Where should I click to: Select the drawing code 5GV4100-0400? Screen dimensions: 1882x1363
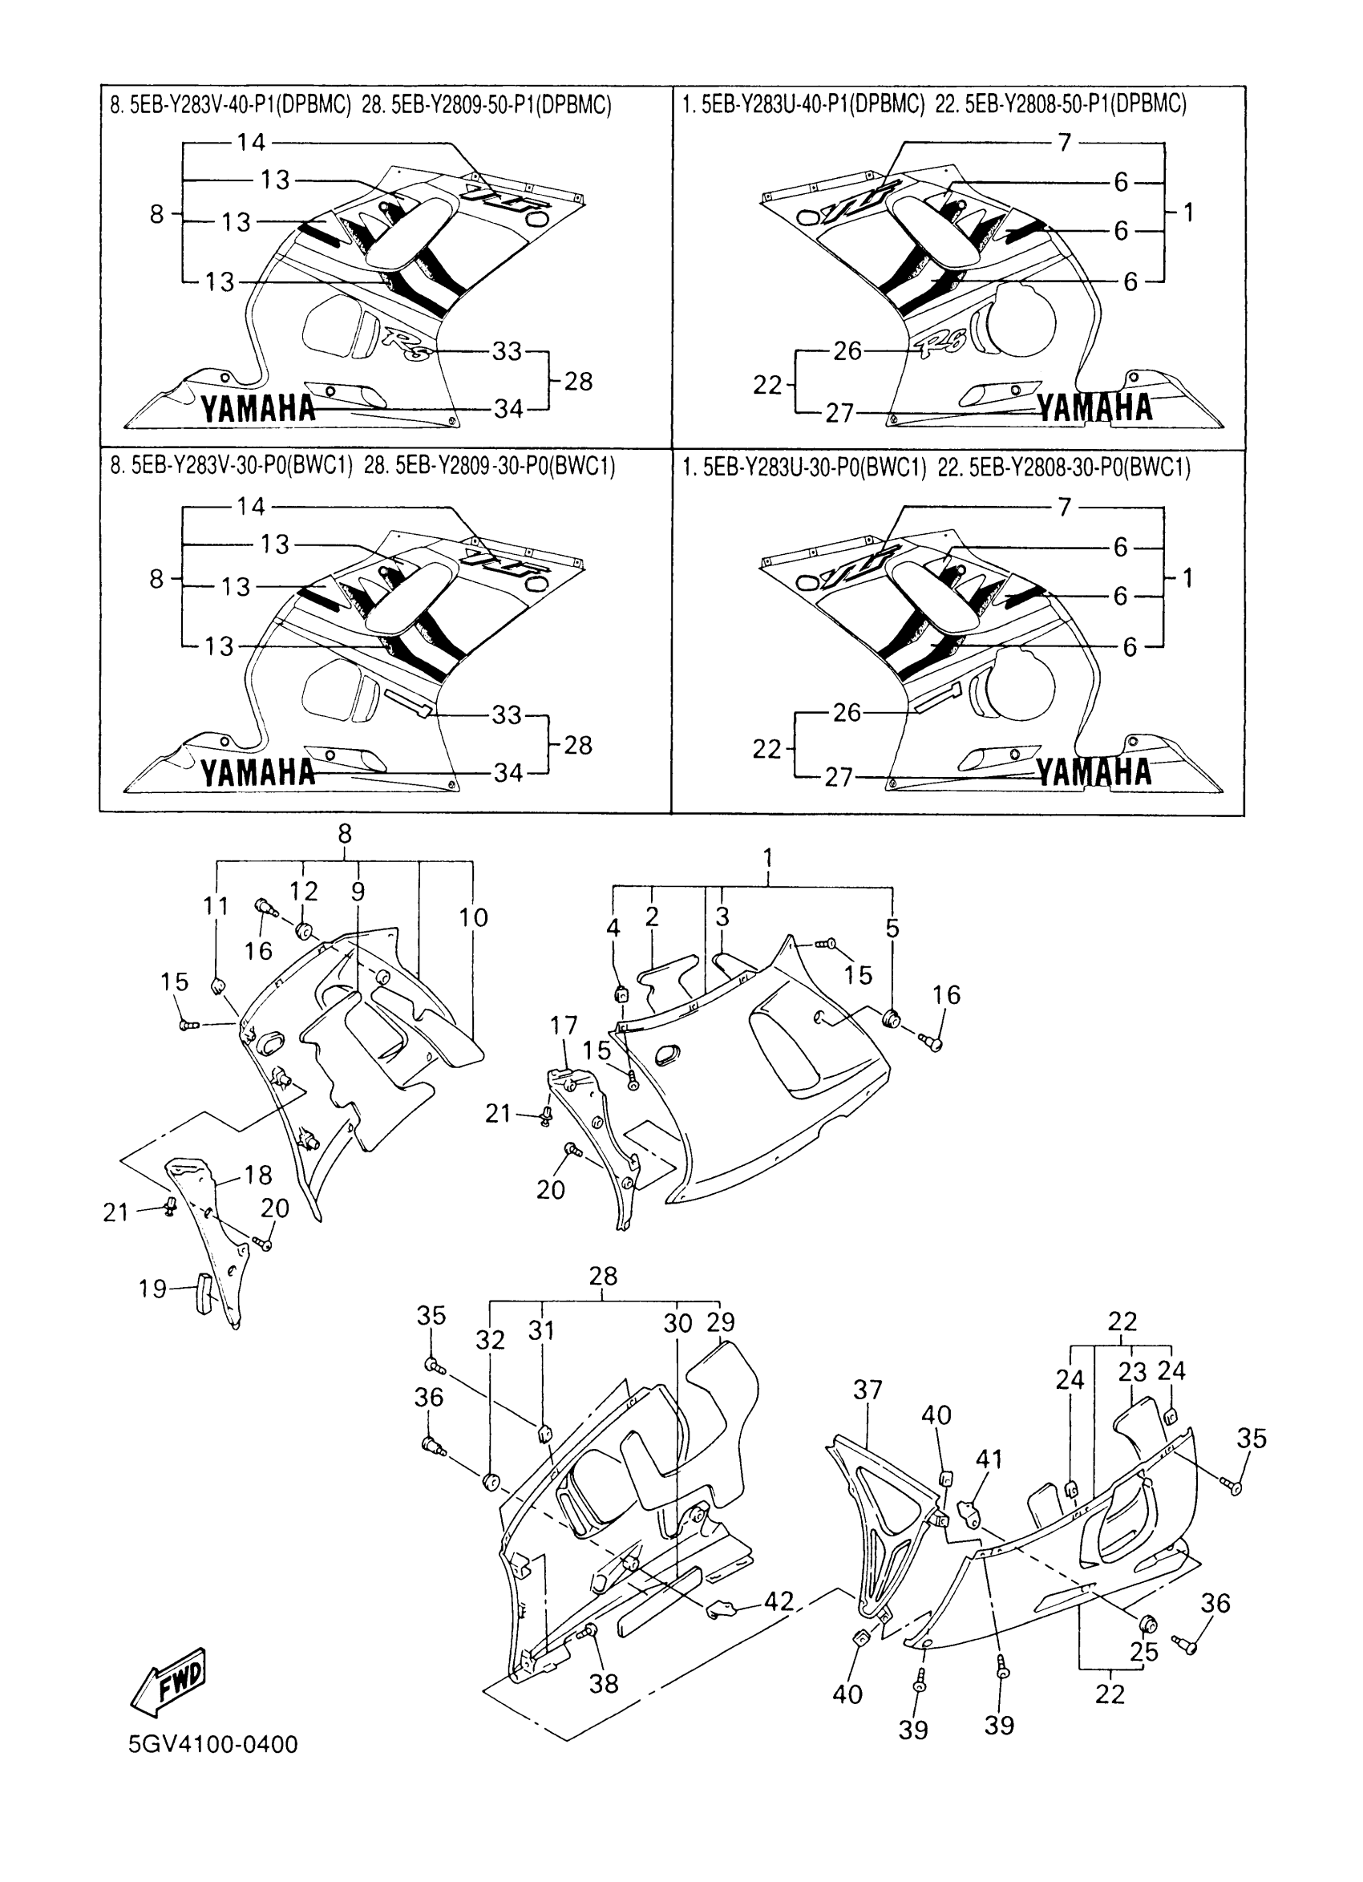click(x=213, y=1745)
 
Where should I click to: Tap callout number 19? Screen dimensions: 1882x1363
click(x=152, y=1289)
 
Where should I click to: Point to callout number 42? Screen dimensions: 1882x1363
click(x=778, y=1601)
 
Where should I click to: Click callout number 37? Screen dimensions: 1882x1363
click(x=867, y=1389)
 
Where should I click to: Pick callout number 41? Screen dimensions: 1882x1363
click(x=988, y=1459)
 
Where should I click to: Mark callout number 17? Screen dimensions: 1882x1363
click(x=564, y=1026)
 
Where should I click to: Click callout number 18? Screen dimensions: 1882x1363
click(x=258, y=1175)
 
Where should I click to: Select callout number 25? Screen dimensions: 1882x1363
click(x=1144, y=1651)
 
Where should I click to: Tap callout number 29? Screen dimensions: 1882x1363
click(x=720, y=1321)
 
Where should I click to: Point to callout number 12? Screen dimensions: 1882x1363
click(x=304, y=891)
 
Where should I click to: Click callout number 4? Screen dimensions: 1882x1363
click(x=613, y=928)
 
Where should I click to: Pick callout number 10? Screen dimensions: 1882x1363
click(x=473, y=918)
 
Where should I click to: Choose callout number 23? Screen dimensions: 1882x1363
click(x=1131, y=1373)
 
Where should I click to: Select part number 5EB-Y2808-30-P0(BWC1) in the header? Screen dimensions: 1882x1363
click(x=1079, y=468)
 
